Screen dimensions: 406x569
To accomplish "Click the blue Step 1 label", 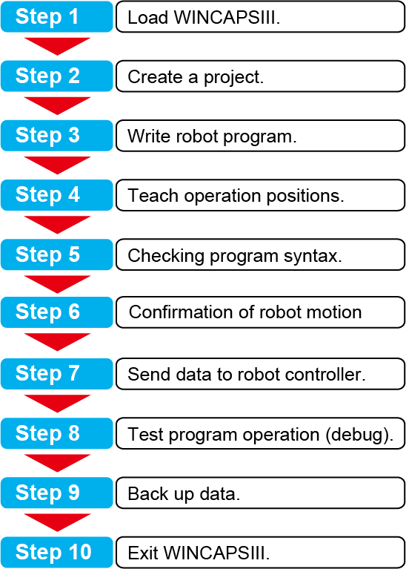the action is click(56, 17).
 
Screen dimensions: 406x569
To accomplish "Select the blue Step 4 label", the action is click(56, 195).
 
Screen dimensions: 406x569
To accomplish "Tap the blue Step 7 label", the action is click(56, 374).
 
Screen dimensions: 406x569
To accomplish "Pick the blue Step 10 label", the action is click(56, 552).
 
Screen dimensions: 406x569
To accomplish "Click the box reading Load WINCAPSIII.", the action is click(260, 17).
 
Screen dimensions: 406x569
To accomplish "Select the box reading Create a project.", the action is click(260, 76).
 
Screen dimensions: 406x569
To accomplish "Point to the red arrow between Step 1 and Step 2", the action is click(57, 47).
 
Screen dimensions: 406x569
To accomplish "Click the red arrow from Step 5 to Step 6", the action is click(57, 284).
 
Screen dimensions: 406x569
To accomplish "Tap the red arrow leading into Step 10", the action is click(57, 523).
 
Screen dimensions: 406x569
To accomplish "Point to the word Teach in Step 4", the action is click(153, 196).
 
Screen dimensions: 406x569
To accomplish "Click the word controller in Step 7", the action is click(328, 374).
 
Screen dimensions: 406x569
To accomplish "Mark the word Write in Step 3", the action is click(147, 136).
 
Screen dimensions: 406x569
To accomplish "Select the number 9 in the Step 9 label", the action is click(73, 493).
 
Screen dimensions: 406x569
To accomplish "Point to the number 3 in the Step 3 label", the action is click(73, 135).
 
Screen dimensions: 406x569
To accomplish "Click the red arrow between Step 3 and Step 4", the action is click(57, 165).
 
